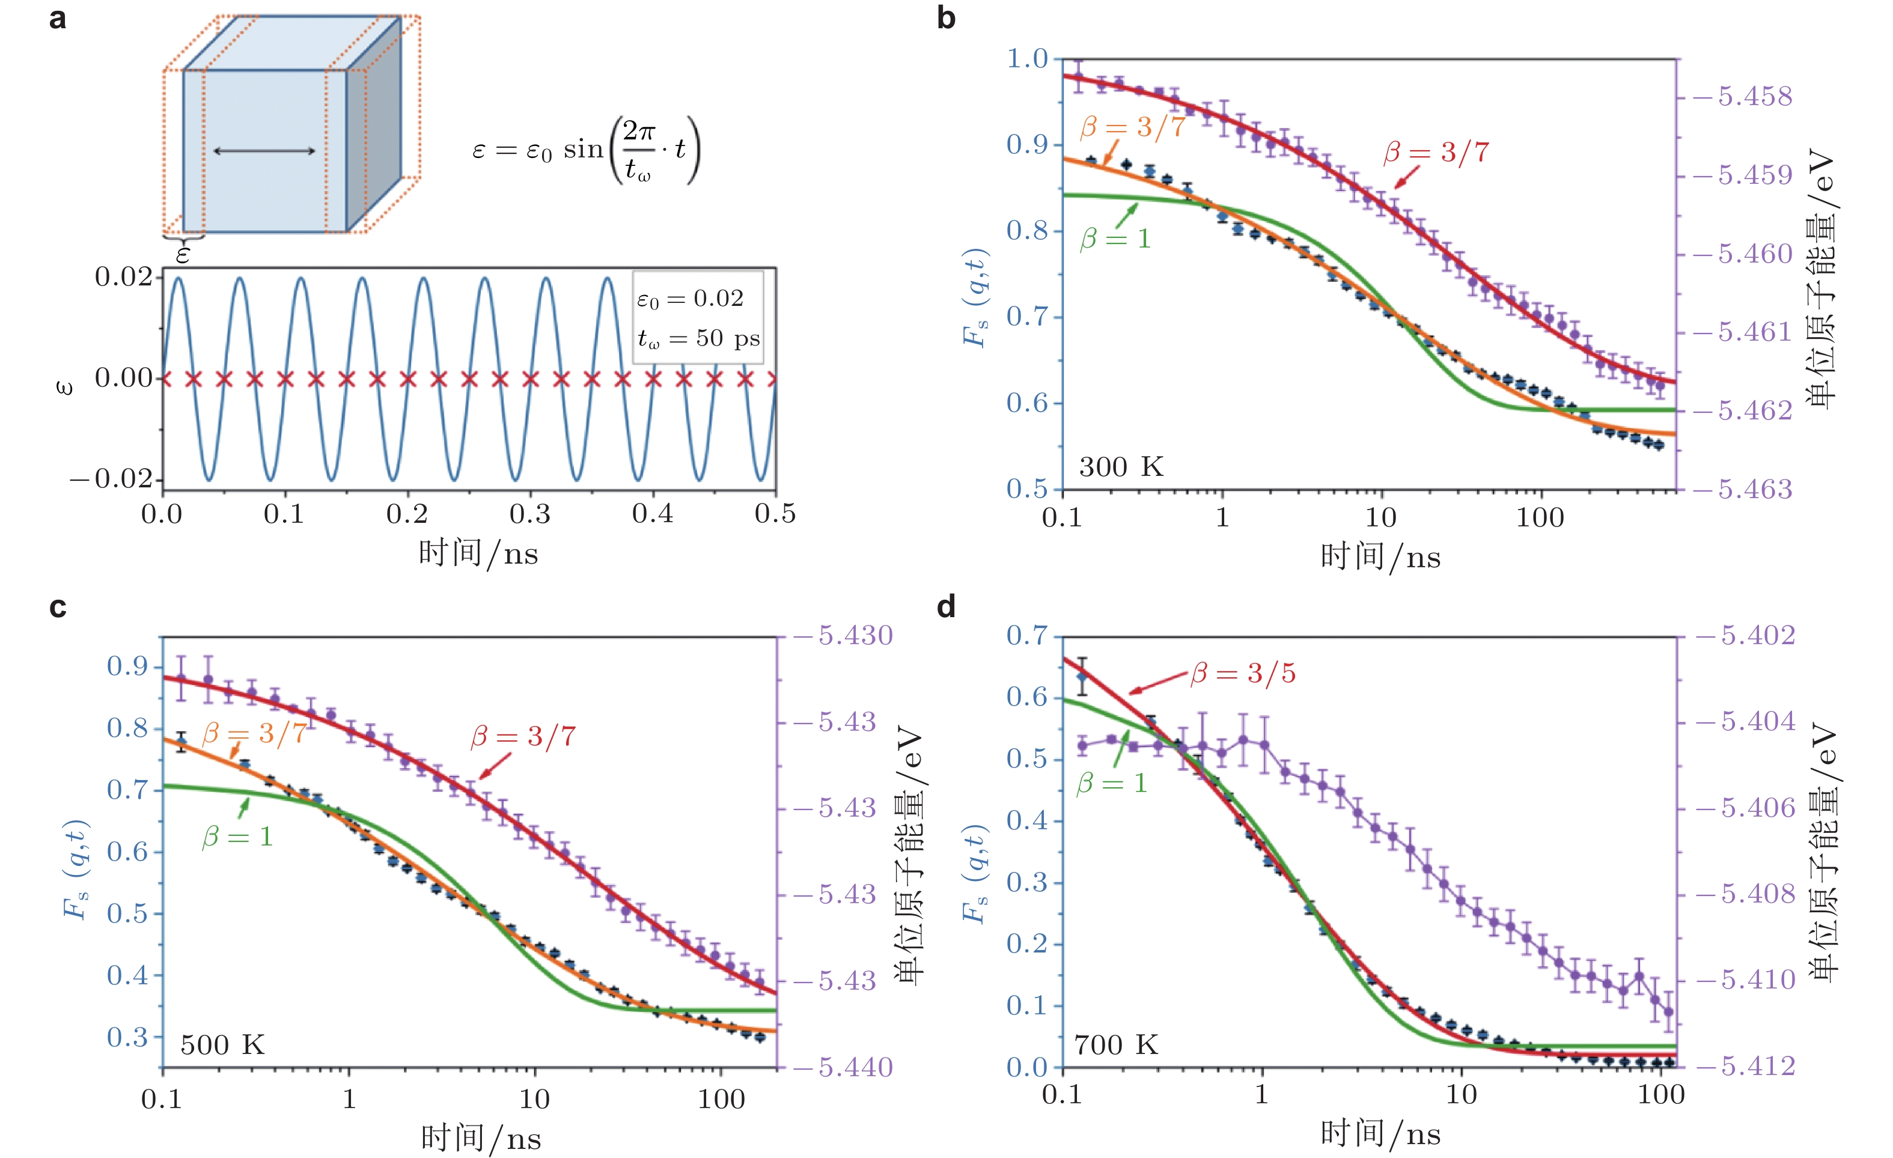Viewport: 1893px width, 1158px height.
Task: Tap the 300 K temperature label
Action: tap(1121, 466)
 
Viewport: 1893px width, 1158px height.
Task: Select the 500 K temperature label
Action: tap(222, 1045)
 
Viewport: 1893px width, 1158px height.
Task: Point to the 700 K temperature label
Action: tap(1115, 1045)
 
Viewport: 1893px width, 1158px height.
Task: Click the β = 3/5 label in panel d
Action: tap(1243, 674)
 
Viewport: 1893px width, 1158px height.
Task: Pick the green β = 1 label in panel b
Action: tap(1115, 239)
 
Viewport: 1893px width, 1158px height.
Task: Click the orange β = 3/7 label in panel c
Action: tap(254, 734)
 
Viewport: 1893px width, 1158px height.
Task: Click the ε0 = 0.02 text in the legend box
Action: tap(690, 298)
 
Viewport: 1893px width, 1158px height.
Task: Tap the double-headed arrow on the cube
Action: tap(264, 151)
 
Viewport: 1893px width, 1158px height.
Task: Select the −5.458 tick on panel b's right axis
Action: tap(1744, 97)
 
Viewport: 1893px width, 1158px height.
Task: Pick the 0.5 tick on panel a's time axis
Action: tap(775, 514)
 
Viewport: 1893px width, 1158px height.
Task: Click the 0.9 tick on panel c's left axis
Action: tap(127, 666)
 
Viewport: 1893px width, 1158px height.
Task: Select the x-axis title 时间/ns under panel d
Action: tap(1380, 1134)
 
